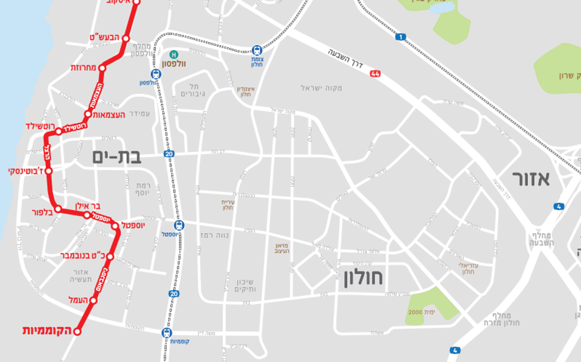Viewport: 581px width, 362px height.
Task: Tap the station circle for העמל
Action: [94, 301]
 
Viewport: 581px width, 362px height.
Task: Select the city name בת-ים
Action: [117, 157]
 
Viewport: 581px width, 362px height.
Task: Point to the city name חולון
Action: [362, 278]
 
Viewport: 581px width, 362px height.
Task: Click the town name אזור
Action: [531, 179]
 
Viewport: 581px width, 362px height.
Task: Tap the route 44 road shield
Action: [375, 74]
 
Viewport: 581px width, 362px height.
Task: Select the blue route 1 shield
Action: [400, 37]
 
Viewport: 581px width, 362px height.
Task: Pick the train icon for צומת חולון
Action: [256, 51]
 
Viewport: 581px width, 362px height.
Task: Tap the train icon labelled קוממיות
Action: [167, 333]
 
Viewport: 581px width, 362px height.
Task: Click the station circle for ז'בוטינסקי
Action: [49, 171]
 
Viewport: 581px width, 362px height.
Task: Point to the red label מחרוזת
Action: [84, 68]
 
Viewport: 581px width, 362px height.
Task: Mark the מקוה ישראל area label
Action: [321, 88]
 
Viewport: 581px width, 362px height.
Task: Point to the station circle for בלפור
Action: [58, 209]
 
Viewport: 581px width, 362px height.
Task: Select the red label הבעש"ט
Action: [104, 38]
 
